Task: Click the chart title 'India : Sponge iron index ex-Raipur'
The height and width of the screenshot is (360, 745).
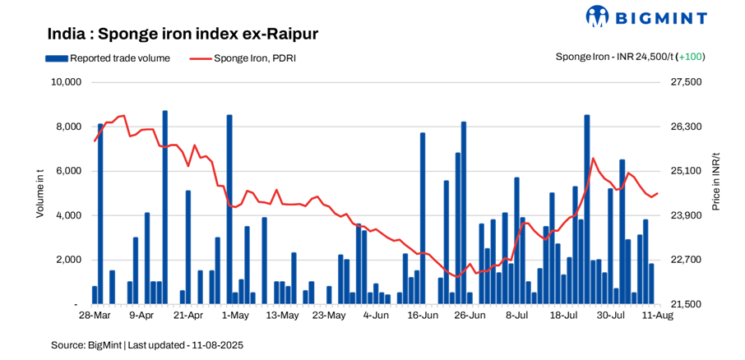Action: coord(183,34)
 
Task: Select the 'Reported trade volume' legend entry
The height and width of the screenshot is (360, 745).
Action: coord(108,58)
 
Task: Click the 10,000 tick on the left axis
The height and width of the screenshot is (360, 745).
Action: coord(66,82)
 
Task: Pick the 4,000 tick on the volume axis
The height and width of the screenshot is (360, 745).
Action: coord(68,215)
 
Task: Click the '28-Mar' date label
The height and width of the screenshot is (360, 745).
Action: coord(95,316)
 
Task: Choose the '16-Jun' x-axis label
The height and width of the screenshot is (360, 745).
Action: coord(422,316)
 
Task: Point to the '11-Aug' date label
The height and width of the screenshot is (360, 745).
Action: coord(658,316)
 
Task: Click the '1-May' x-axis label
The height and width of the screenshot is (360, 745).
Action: coord(235,316)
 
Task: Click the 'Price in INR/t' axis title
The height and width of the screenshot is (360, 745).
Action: coord(715,182)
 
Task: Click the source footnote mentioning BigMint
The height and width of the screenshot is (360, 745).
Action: coord(147,345)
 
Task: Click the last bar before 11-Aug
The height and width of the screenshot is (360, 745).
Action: coord(651,284)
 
